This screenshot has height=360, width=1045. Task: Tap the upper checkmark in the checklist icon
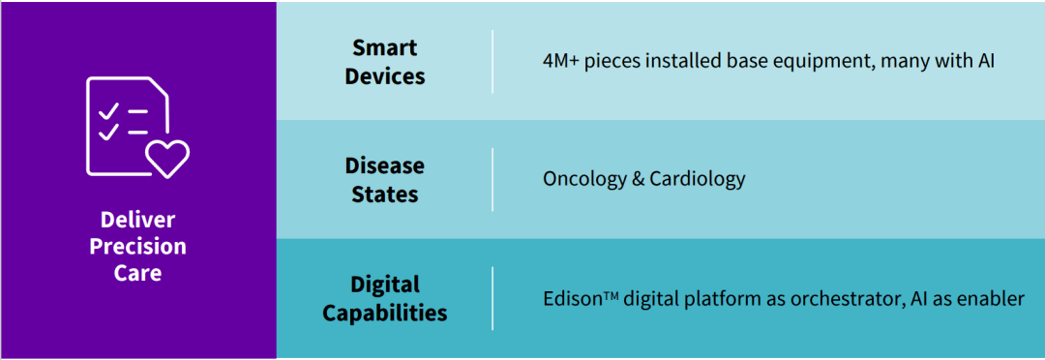pos(108,111)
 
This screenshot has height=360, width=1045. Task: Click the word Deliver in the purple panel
pos(138,220)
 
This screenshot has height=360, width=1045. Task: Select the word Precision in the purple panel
pos(138,247)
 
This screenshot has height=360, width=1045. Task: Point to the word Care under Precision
pos(138,273)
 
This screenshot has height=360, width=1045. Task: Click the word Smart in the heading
pos(384,47)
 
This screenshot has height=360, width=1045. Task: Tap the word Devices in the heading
pos(384,76)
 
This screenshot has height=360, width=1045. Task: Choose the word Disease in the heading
pos(384,165)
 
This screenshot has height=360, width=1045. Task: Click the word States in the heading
pos(384,194)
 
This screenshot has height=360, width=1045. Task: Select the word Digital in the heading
pos(384,284)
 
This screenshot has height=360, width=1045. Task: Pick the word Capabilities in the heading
pos(384,313)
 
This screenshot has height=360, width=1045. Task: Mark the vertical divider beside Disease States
pos(493,179)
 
